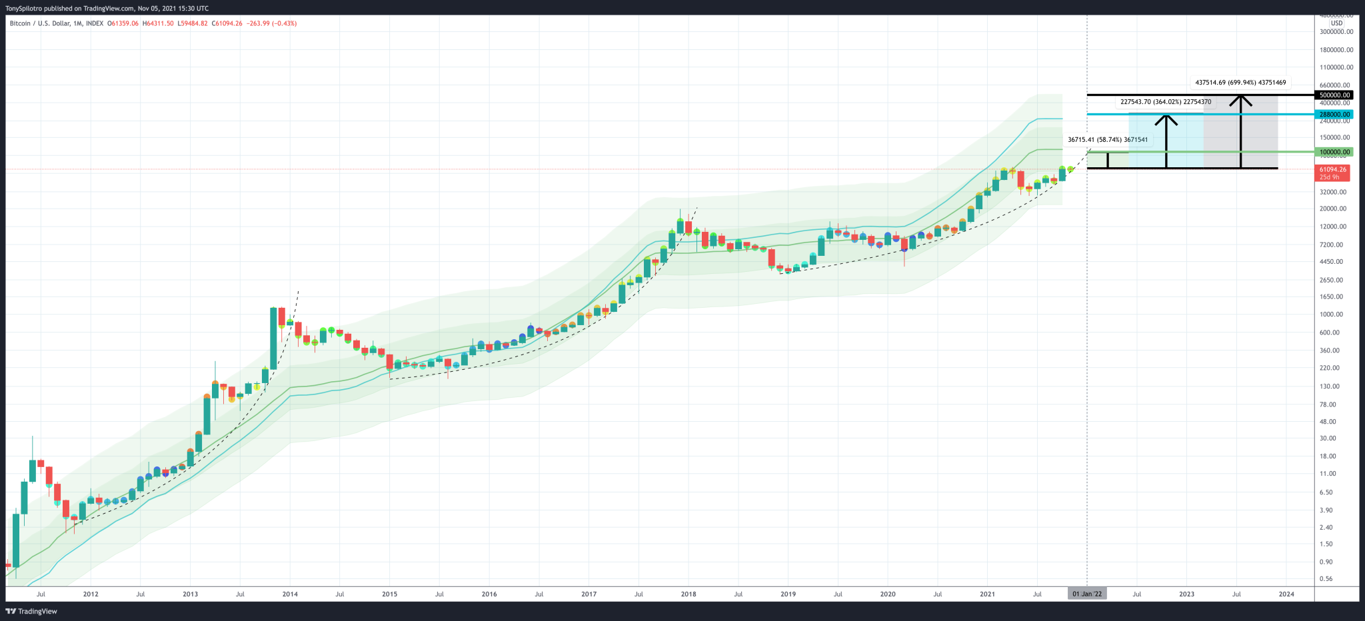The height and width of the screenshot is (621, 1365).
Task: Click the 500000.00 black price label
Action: pos(1335,95)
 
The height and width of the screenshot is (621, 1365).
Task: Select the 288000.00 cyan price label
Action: pos(1335,115)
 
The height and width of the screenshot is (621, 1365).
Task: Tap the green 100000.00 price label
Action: pos(1335,153)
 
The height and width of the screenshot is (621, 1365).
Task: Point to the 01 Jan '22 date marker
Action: pos(1087,594)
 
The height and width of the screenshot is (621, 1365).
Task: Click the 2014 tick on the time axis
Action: pos(290,594)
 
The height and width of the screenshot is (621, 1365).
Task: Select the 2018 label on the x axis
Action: pos(688,594)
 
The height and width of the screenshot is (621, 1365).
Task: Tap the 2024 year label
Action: pos(1286,594)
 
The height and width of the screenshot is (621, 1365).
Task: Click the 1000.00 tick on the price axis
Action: pos(1336,314)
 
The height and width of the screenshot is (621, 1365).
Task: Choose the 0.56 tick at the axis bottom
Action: pos(1326,578)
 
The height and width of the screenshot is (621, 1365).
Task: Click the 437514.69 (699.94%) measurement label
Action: pos(1240,83)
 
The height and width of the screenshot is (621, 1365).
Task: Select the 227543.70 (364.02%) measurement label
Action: pos(1166,102)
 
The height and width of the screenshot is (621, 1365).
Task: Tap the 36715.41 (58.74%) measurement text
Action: pos(1108,140)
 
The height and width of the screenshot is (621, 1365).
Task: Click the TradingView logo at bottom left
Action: pos(32,611)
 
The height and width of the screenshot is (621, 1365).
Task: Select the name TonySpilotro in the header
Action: pos(24,9)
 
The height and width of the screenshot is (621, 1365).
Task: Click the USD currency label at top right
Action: pos(1336,23)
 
